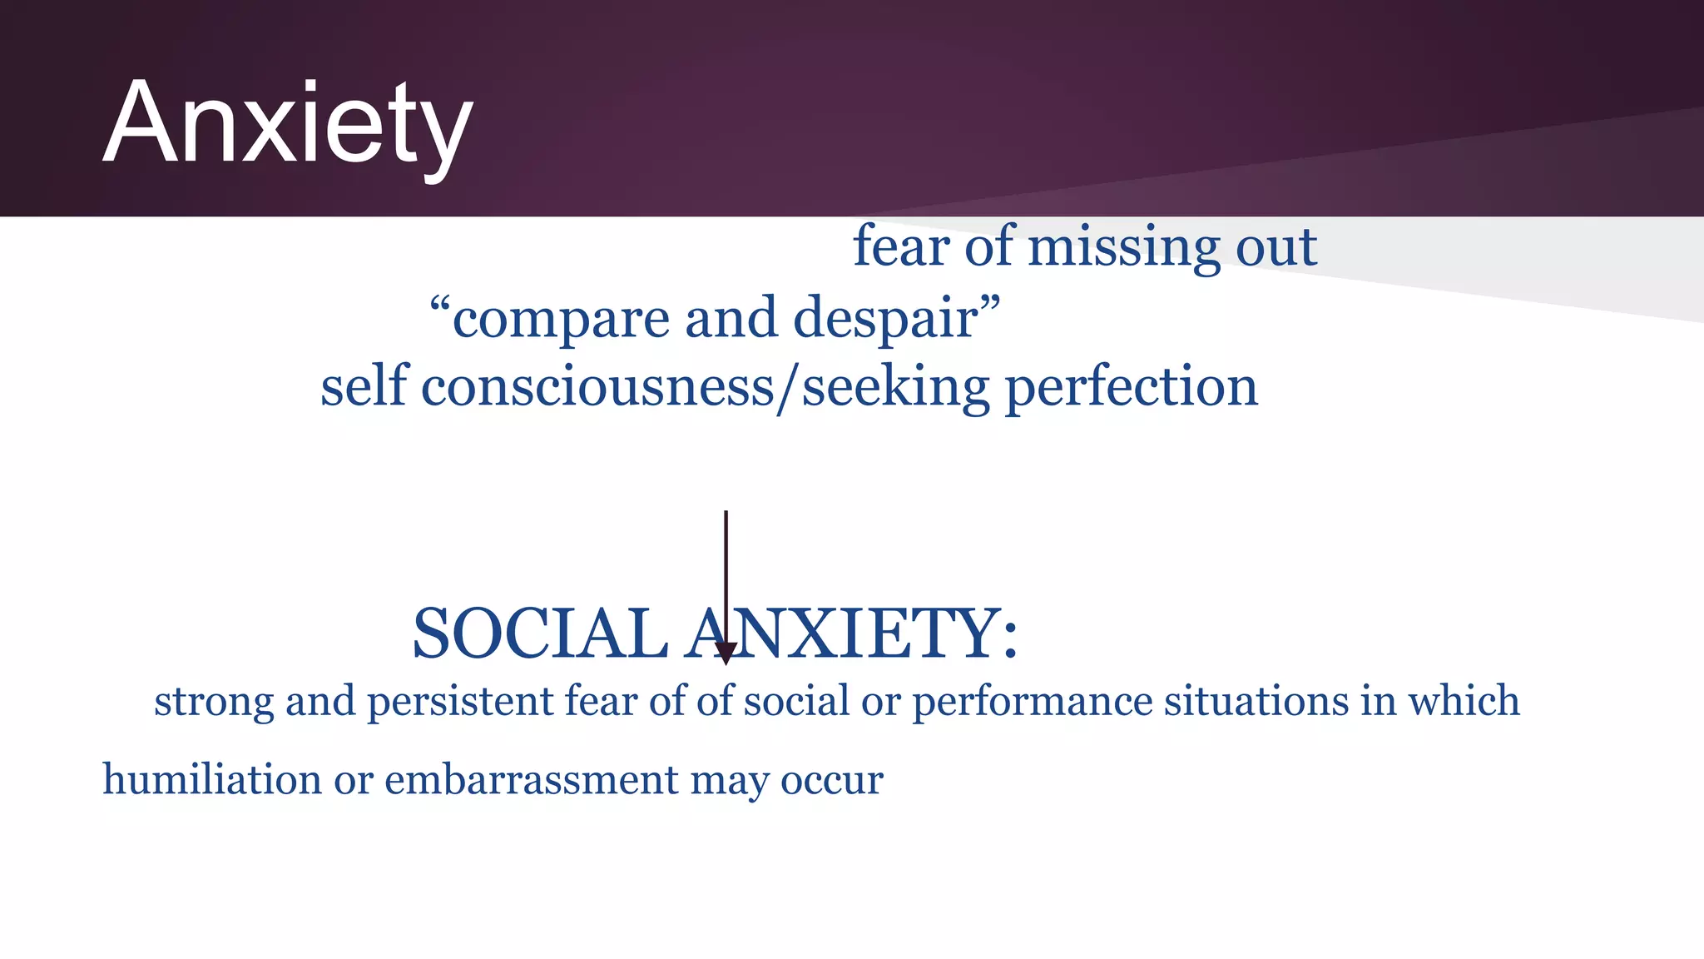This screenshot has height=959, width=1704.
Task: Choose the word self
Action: tap(364, 387)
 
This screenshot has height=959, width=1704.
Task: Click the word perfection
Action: tap(1132, 387)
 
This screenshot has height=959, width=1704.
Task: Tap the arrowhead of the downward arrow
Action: tap(726, 653)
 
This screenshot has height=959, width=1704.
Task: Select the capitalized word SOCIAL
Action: tap(540, 634)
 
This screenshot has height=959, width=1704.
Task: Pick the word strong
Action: tap(214, 702)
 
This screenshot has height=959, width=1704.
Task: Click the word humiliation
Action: tap(211, 780)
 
